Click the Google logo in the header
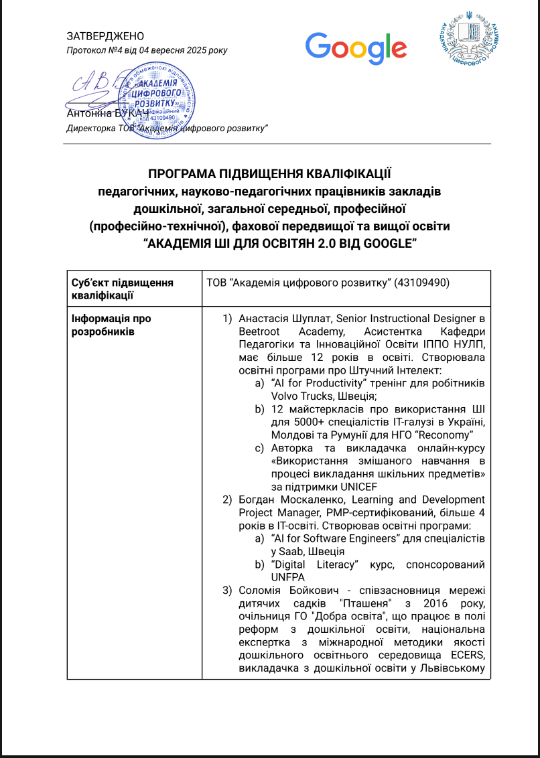point(356,48)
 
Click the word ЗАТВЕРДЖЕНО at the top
point(105,36)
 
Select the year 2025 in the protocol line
point(192,50)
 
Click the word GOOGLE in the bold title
point(387,244)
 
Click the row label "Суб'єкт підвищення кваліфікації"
point(122,289)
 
